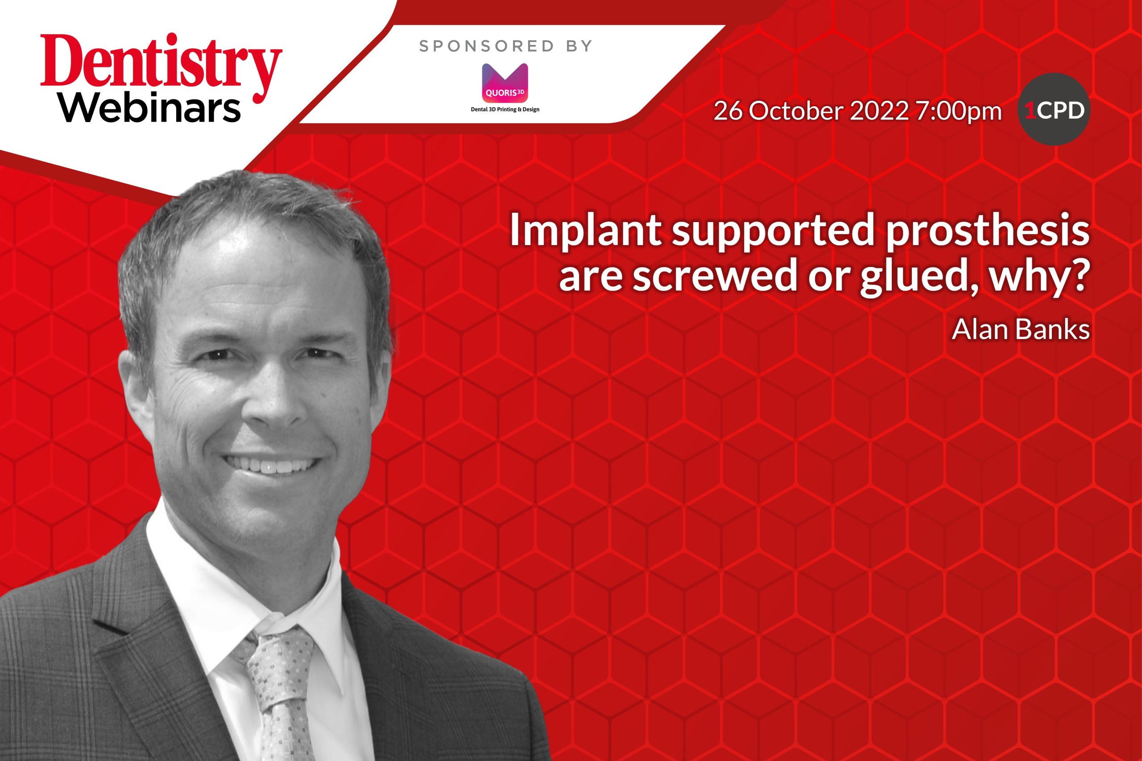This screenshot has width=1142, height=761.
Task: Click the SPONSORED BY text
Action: coord(505,46)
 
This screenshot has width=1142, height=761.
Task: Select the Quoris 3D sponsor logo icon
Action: coord(505,82)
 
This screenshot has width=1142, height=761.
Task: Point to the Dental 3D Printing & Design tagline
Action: coord(505,109)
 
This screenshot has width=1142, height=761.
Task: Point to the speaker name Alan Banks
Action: coord(1021,329)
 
